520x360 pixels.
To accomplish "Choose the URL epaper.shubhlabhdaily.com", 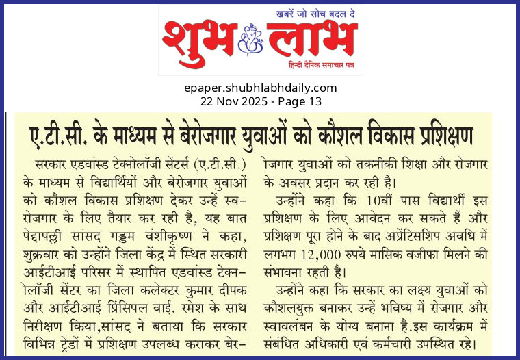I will point(260,88).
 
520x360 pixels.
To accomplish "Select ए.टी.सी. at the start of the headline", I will point(57,135).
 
